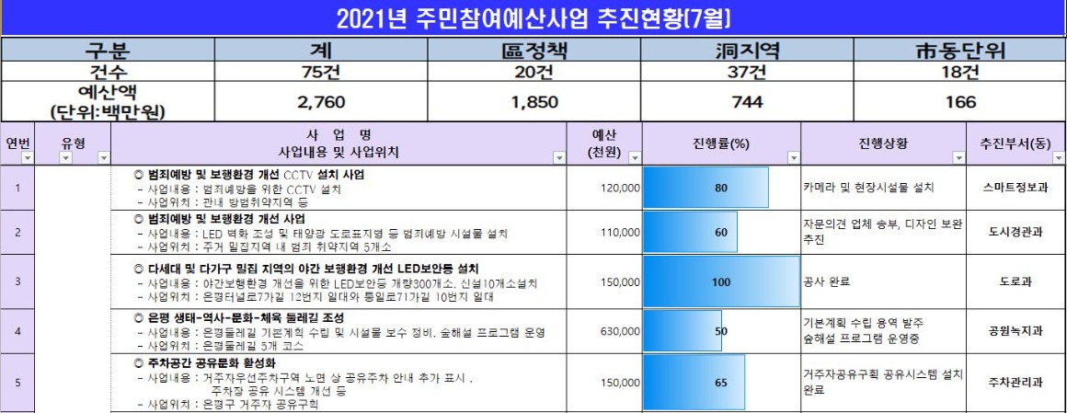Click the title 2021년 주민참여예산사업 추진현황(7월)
tap(533, 18)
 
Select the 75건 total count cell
tap(315, 71)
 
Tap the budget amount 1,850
tap(533, 102)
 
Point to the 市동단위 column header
tap(960, 51)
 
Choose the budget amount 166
tap(960, 102)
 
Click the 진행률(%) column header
tap(721, 143)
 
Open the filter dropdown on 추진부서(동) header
tap(1056, 157)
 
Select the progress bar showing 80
tap(706, 188)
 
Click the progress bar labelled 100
tap(721, 281)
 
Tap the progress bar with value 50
tap(683, 329)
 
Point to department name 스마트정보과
tap(1015, 187)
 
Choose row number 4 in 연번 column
tap(18, 329)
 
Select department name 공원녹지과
tap(1015, 329)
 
